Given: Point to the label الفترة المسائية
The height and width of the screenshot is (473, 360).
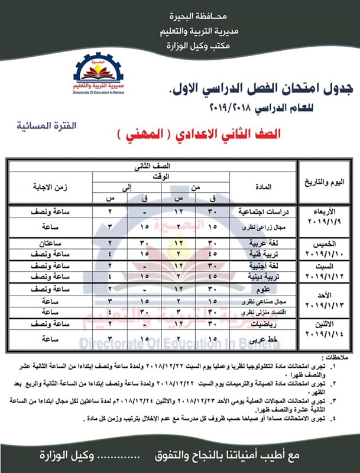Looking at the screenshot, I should coord(61,126).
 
